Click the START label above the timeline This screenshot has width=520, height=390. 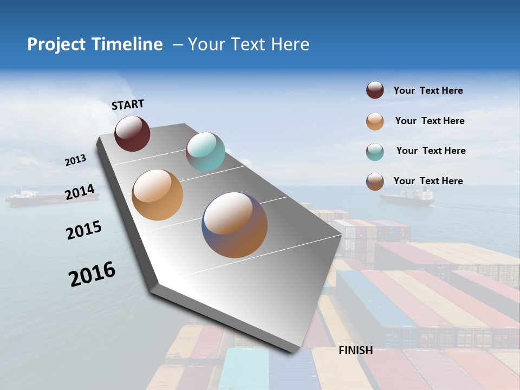(128, 105)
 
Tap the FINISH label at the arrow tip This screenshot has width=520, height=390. (355, 350)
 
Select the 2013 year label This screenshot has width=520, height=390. (75, 160)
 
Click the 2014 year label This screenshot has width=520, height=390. (80, 192)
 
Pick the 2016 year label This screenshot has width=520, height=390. (92, 274)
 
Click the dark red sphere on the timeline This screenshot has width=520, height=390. (132, 133)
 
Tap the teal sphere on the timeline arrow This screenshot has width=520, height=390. (205, 152)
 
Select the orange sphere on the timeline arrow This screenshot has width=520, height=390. (158, 195)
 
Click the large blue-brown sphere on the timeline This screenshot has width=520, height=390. (235, 225)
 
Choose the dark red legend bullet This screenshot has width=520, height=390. (375, 90)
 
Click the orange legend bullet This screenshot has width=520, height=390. (375, 121)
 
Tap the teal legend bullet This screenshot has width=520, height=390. (375, 152)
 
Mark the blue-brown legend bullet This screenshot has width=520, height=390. (375, 181)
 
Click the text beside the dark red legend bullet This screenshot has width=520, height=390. (428, 90)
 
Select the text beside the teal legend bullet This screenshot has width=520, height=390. (431, 151)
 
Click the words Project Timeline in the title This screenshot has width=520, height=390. (95, 44)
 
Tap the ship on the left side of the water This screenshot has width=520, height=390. (51, 198)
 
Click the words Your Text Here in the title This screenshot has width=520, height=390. (248, 44)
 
